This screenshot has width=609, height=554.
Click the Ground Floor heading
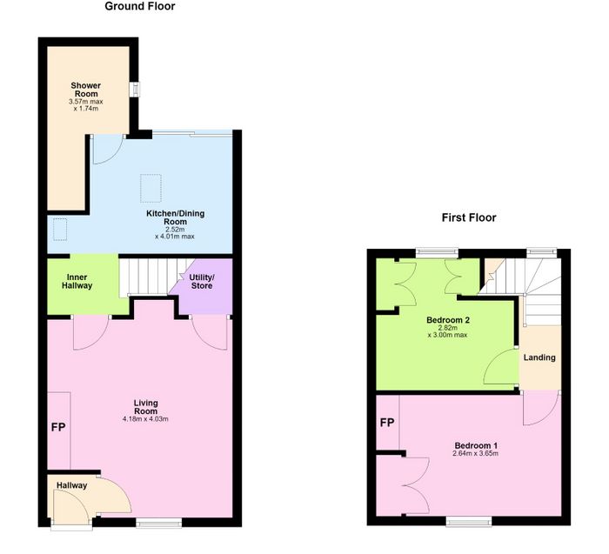(x=140, y=6)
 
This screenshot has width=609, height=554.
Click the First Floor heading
(x=469, y=217)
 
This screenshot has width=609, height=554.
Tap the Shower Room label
(x=86, y=90)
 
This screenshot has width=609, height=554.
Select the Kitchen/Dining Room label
(x=175, y=217)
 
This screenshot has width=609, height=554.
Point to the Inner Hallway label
(x=77, y=282)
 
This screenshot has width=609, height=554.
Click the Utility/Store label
(x=202, y=282)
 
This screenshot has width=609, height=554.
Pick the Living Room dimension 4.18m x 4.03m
(x=145, y=419)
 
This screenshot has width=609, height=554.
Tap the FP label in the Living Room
(x=58, y=427)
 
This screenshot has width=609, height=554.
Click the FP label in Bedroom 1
(x=387, y=423)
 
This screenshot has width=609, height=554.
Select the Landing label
(x=539, y=357)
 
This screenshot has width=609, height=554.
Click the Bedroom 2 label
(x=448, y=320)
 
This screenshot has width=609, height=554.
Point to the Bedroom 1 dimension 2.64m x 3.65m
(x=475, y=453)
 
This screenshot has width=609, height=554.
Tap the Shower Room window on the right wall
(x=135, y=90)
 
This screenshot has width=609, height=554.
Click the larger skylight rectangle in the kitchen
(x=151, y=188)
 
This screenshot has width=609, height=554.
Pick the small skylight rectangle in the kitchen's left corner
(x=60, y=230)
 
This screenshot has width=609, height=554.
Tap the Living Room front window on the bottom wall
(x=159, y=523)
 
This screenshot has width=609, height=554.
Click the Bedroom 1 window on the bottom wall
(x=469, y=521)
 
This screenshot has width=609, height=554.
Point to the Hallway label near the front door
(x=72, y=485)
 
